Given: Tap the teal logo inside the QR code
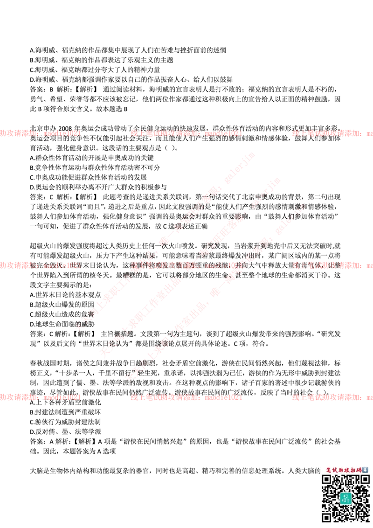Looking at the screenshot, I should [345, 498].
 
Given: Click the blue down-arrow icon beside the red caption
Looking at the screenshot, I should [366, 469].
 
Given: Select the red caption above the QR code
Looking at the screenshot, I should [344, 469].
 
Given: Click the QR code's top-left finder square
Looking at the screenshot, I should [327, 479].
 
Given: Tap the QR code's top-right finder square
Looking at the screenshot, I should [365, 479].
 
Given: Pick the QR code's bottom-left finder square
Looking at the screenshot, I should [327, 517].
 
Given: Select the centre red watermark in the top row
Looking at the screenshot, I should [186, 133].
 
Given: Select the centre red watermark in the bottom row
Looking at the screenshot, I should [186, 397].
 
